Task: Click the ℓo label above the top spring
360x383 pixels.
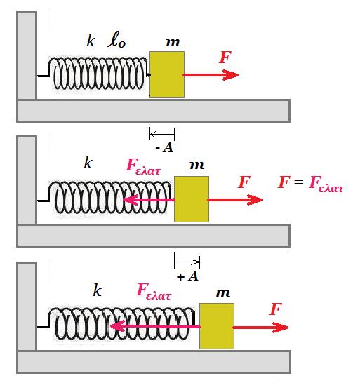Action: (x=116, y=41)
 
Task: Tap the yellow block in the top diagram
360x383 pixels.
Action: (x=167, y=74)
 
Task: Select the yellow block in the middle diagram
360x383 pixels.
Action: (x=192, y=199)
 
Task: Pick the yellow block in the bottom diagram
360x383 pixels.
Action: (x=217, y=326)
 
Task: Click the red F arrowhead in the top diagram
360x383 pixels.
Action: (x=230, y=75)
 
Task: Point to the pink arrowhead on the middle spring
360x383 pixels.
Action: (x=131, y=199)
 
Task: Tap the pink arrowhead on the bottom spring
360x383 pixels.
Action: (x=118, y=326)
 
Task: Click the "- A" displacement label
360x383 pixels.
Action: (x=164, y=147)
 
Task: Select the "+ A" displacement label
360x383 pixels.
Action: (x=187, y=276)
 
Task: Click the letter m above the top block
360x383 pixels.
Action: (x=173, y=42)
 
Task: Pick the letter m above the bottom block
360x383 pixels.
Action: (x=222, y=293)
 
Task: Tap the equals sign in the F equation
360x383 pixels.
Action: (x=298, y=182)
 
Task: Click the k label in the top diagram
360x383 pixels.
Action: (x=91, y=41)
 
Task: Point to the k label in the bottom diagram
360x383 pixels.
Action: (x=98, y=290)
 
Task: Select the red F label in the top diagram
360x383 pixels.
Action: (x=225, y=57)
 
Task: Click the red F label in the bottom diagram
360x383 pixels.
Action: (x=276, y=309)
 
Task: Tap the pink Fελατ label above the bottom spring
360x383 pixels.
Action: (x=154, y=291)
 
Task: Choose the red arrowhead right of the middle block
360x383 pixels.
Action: (x=255, y=199)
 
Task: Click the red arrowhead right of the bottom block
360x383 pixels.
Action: (x=280, y=328)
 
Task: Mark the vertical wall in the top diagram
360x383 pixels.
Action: (x=27, y=55)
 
